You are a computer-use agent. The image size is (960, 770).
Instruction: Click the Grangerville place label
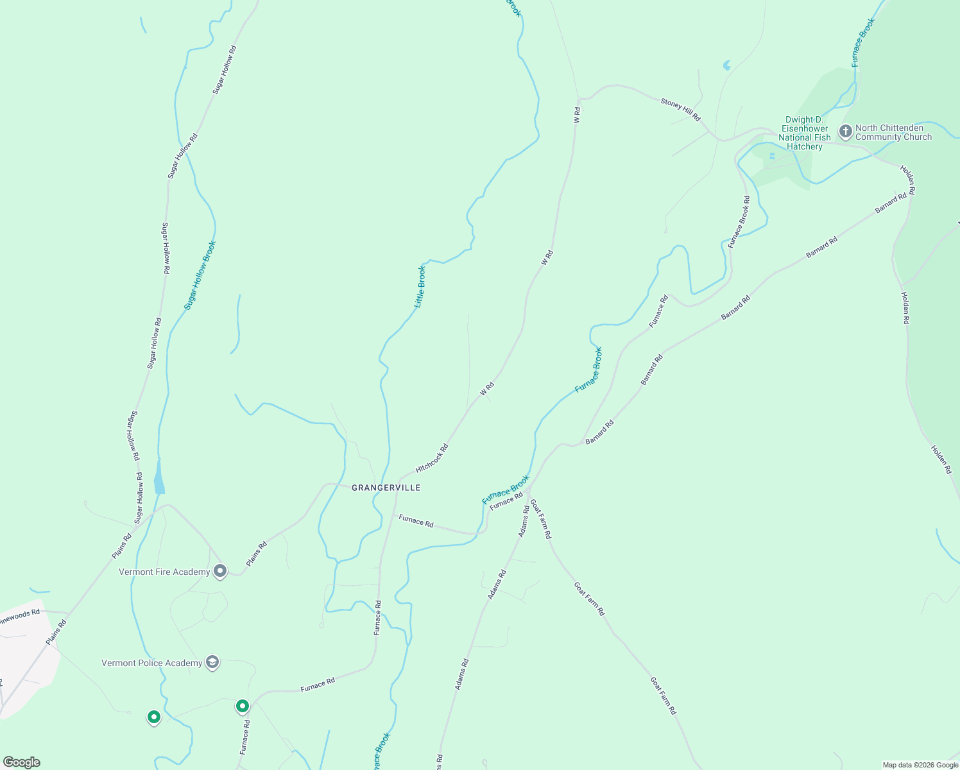(386, 488)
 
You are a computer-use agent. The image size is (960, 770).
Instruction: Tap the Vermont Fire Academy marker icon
(220, 570)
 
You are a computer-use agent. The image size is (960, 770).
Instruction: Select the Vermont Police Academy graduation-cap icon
(212, 662)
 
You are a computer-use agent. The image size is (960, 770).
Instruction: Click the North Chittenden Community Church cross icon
(846, 132)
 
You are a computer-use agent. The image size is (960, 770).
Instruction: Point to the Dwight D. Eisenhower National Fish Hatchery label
(804, 133)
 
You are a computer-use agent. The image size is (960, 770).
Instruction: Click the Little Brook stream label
(420, 286)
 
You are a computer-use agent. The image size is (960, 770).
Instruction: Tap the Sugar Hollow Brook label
(200, 275)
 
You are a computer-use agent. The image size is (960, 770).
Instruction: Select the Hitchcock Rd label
(431, 458)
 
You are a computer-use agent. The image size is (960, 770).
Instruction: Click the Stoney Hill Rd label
(680, 109)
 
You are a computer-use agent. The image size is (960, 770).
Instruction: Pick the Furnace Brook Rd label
(738, 222)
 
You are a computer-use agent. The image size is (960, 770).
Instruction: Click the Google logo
(21, 762)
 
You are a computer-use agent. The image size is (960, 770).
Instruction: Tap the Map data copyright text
(919, 765)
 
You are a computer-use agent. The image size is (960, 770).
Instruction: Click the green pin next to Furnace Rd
(243, 706)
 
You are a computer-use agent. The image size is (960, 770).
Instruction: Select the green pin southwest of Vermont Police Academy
(153, 716)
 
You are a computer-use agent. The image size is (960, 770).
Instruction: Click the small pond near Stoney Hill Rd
(726, 65)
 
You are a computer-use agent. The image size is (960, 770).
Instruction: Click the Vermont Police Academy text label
(152, 663)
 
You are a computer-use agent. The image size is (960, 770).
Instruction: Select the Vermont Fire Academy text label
(164, 572)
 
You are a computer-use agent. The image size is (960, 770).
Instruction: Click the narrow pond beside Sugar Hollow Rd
(159, 478)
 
